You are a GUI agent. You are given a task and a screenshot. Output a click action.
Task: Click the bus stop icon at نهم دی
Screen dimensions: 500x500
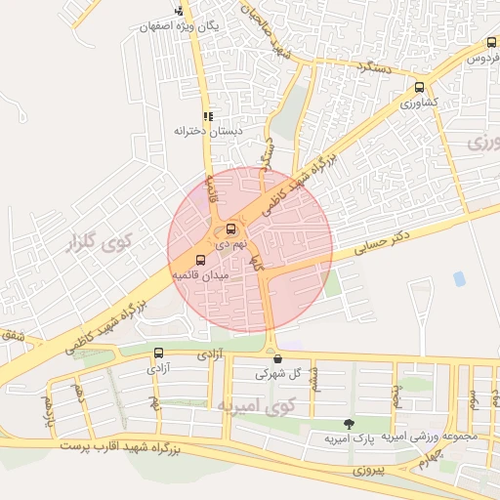tap(217, 230)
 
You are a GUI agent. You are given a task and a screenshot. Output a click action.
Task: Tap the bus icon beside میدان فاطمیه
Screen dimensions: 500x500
tap(200, 260)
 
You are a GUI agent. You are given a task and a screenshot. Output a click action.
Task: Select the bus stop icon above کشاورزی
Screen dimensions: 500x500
tap(420, 87)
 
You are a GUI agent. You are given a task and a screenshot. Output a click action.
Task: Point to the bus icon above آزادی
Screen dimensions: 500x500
tap(158, 354)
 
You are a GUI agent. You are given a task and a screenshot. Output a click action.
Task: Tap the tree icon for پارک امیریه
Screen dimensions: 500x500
tap(349, 423)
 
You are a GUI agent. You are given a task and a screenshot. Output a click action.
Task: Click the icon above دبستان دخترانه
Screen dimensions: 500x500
tap(207, 115)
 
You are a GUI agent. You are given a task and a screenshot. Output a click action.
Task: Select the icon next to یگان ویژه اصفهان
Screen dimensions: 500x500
tap(177, 11)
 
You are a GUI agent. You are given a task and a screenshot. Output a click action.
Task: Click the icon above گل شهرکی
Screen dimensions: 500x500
tap(277, 358)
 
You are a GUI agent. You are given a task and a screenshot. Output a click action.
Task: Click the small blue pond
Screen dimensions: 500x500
tap(459, 278)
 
